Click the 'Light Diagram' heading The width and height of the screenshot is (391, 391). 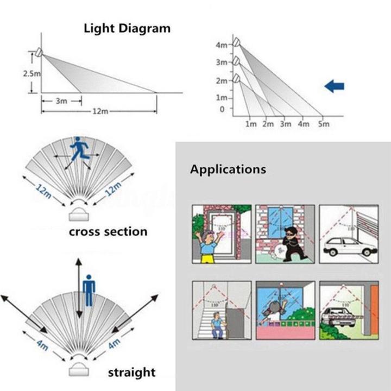pos(127,28)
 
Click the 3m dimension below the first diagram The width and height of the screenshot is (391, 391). pos(61,100)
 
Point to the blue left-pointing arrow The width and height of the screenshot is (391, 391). pos(335,85)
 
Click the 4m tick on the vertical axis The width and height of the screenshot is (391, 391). pos(222,45)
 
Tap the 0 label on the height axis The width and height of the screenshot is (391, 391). pos(222,109)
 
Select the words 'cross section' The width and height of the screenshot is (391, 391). pos(108,231)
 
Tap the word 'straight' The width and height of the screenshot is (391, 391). pos(131,372)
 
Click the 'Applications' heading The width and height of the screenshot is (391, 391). pos(228,169)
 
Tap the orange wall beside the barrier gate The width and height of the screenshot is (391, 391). pos(374,310)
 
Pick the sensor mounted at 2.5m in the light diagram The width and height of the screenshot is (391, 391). pos(38,52)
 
